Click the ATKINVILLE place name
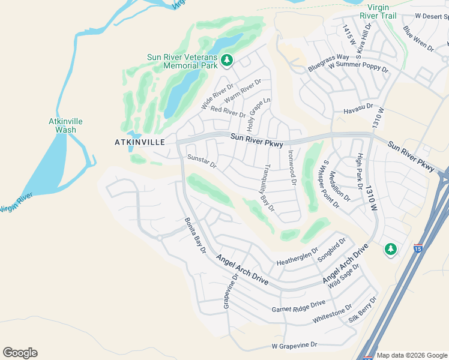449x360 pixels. coord(139,142)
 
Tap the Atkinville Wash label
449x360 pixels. coord(65,125)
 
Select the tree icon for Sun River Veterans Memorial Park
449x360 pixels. coord(226,59)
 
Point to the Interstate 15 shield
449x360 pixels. coord(418,247)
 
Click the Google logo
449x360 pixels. coord(20,353)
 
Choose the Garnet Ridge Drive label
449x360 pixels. coord(298,307)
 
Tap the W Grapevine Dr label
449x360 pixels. coord(294,346)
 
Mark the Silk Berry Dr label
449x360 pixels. coord(363,310)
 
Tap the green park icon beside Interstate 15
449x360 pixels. coord(391,248)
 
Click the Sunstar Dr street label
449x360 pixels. coord(202,161)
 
